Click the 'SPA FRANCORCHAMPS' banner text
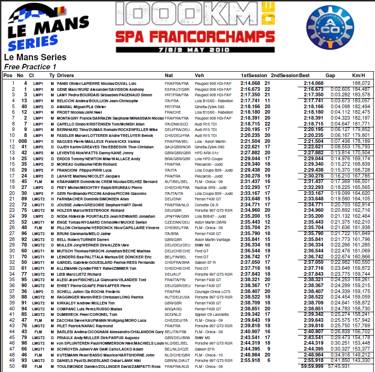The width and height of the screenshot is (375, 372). pyautogui.click(x=188, y=36)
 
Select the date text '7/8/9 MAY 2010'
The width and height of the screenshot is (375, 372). pyautogui.click(x=188, y=47)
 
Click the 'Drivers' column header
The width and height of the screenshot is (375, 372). pyautogui.click(x=66, y=75)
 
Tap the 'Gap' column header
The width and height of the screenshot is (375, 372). pyautogui.click(x=330, y=75)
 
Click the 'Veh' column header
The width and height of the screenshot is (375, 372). pyautogui.click(x=199, y=75)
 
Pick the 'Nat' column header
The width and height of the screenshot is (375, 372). pyautogui.click(x=169, y=75)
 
